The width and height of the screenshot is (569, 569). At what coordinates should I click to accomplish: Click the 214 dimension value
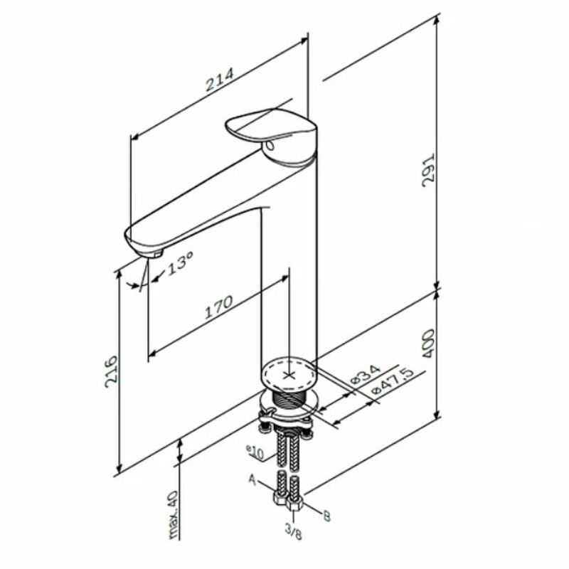pos(220,80)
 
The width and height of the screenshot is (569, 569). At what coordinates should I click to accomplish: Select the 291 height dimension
pos(428,170)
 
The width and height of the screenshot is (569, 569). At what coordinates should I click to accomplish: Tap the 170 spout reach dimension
pos(218,308)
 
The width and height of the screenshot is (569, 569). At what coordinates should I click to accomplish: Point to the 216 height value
pos(112,371)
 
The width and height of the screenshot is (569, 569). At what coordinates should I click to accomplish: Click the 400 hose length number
pos(429,344)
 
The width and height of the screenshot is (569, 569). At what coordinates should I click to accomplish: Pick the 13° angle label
pos(180,264)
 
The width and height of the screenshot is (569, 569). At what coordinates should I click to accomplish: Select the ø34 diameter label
pos(366,374)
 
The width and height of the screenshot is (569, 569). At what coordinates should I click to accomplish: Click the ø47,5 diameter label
pos(393,382)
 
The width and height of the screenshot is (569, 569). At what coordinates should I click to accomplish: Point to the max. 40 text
pos(174,515)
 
